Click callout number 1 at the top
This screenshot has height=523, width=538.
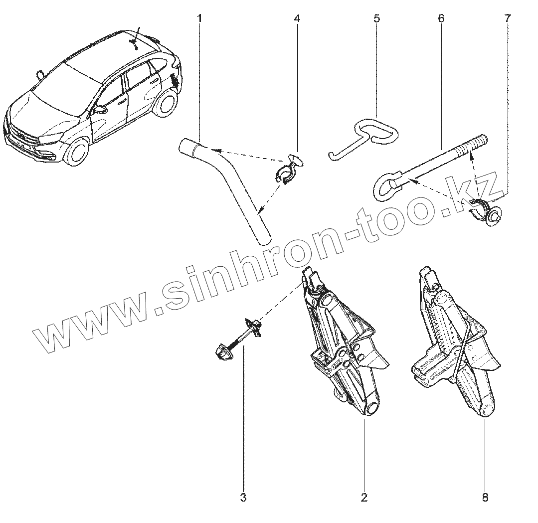(x=199, y=19)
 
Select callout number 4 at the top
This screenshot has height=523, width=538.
(x=297, y=19)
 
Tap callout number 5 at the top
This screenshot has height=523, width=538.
(x=376, y=19)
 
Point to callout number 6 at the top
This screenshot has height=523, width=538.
(x=441, y=19)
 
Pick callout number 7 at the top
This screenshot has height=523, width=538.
(x=507, y=19)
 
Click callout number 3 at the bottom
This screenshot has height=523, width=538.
(x=243, y=497)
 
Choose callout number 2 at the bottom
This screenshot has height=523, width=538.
(x=364, y=497)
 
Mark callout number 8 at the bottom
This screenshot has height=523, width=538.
(x=485, y=497)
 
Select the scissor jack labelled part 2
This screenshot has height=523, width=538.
(x=344, y=349)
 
